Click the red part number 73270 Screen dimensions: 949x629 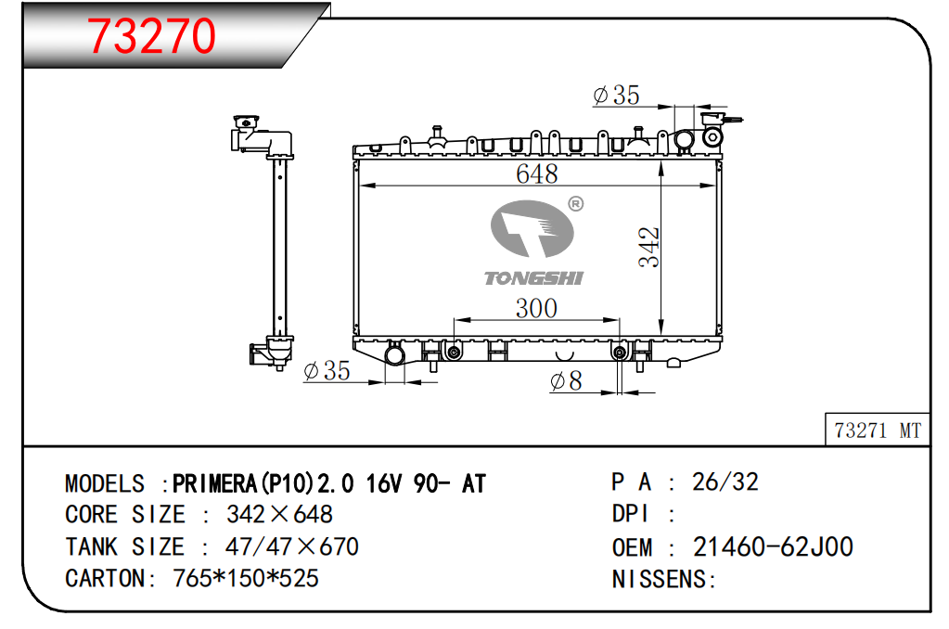click(x=151, y=36)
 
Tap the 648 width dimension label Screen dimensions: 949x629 click(x=537, y=173)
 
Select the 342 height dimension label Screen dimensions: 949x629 click(x=648, y=247)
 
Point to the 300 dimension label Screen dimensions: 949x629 click(x=536, y=308)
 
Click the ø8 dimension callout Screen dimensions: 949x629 click(x=566, y=380)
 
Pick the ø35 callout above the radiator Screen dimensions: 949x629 click(x=616, y=95)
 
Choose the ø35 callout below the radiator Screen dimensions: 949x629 click(x=327, y=370)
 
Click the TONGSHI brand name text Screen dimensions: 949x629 click(x=533, y=278)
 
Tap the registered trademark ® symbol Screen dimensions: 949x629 click(x=575, y=204)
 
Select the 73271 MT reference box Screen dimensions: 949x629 click(x=877, y=430)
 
